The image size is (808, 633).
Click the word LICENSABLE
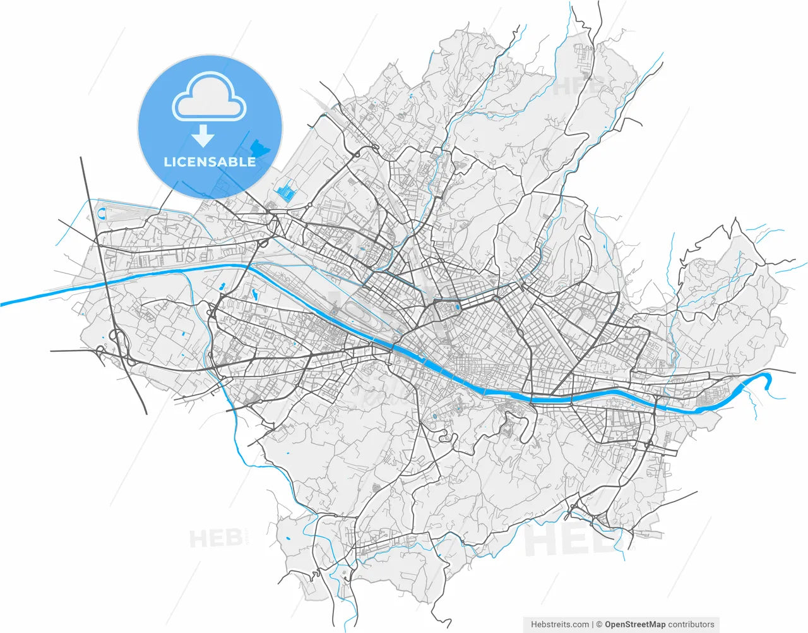click(x=210, y=162)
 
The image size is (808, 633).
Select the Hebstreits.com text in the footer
click(x=560, y=624)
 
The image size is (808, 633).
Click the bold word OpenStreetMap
click(x=635, y=624)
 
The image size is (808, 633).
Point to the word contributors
click(x=691, y=624)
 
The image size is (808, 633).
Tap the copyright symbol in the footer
click(x=599, y=624)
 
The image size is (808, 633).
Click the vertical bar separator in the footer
click(x=593, y=624)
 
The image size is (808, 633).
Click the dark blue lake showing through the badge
click(x=259, y=149)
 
